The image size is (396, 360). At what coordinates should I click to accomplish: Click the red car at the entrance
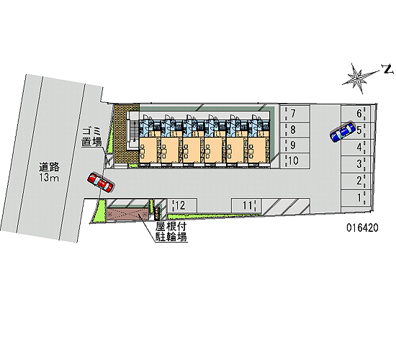click(x=101, y=183)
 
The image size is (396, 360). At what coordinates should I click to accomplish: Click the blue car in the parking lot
click(x=343, y=131)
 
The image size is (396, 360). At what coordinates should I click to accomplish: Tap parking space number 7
click(x=294, y=114)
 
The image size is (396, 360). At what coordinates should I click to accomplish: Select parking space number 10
click(x=294, y=161)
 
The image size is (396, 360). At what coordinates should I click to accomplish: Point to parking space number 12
click(x=182, y=205)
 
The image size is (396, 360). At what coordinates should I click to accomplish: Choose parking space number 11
click(x=246, y=205)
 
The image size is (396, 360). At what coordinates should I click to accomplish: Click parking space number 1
click(x=356, y=197)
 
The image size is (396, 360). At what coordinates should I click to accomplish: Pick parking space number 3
click(x=356, y=164)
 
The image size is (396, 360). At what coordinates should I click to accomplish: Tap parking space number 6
click(x=356, y=114)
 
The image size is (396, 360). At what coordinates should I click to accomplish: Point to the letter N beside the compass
click(x=387, y=69)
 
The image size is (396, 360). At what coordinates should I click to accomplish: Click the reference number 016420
click(x=362, y=228)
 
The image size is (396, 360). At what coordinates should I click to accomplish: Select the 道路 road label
click(x=49, y=167)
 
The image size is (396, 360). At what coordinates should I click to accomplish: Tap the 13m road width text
click(x=49, y=178)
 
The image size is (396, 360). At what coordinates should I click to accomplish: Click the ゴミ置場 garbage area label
click(x=91, y=137)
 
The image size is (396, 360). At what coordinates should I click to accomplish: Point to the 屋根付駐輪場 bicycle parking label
click(x=171, y=232)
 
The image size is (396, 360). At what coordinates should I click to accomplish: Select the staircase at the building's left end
click(x=132, y=134)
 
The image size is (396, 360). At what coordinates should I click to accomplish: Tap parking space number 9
click(x=294, y=145)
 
